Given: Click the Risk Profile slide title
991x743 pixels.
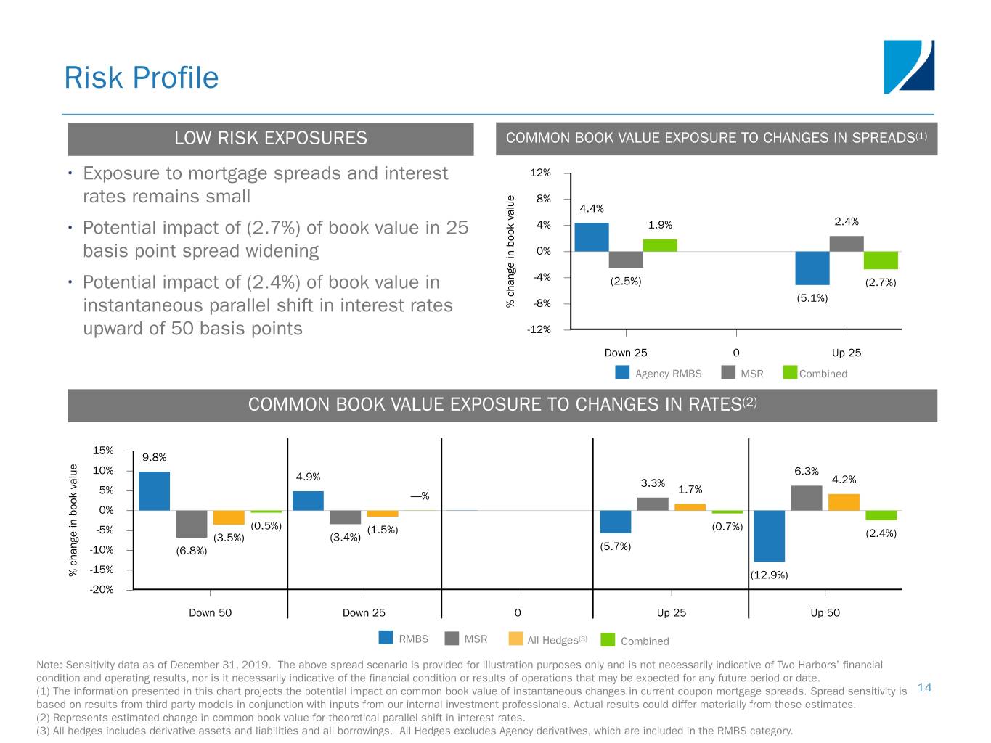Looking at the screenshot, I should (141, 78).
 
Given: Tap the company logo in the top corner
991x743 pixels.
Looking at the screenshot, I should (908, 67).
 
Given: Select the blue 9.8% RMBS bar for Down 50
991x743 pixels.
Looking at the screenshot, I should (154, 491).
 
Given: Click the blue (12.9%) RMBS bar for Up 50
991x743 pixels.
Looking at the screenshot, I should (769, 535).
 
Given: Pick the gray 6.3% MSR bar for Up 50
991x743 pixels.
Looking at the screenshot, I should (806, 498).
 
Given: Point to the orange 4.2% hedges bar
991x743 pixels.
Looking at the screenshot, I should (844, 502).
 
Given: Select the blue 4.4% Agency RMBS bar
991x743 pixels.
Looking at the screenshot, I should (591, 237).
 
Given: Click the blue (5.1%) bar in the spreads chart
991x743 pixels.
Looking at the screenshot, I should (812, 268).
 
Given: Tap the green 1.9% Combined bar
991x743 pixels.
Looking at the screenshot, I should (660, 245).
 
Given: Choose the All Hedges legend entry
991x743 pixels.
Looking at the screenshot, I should (548, 639).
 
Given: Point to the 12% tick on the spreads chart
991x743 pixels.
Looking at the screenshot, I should (540, 173).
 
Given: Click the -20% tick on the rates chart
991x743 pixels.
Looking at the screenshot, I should (102, 589).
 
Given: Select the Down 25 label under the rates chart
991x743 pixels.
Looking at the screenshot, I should (364, 612).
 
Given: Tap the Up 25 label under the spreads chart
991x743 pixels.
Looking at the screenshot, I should (846, 353).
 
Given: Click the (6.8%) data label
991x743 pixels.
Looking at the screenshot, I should (192, 551).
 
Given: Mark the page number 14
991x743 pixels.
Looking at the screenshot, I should (924, 687).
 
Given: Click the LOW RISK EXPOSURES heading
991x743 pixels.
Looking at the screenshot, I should (270, 139).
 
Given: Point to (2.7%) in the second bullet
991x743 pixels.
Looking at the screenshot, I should (273, 228).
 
